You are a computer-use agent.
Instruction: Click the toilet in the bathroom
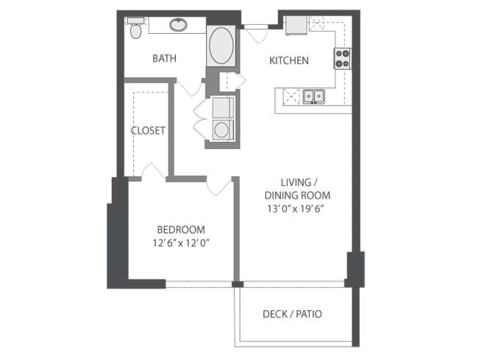click(x=135, y=29)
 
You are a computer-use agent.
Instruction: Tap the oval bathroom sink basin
click(x=179, y=25)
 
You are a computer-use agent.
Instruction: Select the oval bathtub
click(x=221, y=46)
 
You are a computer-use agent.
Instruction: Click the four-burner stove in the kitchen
click(x=343, y=59)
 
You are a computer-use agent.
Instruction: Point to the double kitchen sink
click(x=314, y=96)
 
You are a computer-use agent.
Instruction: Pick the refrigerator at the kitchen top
click(x=296, y=25)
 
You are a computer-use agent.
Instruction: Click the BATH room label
click(x=164, y=58)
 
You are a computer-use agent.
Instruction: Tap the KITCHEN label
click(x=289, y=60)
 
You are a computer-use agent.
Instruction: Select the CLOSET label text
click(x=148, y=131)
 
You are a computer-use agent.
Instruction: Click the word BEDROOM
click(x=181, y=229)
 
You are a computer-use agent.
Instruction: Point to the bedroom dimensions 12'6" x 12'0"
click(x=182, y=243)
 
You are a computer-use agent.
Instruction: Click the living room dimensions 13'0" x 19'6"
click(x=295, y=209)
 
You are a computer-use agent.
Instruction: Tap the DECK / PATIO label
click(x=292, y=314)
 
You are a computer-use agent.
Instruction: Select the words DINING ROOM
click(x=297, y=195)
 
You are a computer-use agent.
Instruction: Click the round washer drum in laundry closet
click(x=221, y=130)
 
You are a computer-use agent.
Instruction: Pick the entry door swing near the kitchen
click(x=256, y=34)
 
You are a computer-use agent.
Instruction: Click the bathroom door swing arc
click(x=189, y=88)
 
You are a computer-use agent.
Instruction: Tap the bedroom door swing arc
click(x=218, y=187)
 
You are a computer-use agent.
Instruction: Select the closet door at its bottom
click(x=154, y=171)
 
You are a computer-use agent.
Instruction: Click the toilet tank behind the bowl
click(x=135, y=21)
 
